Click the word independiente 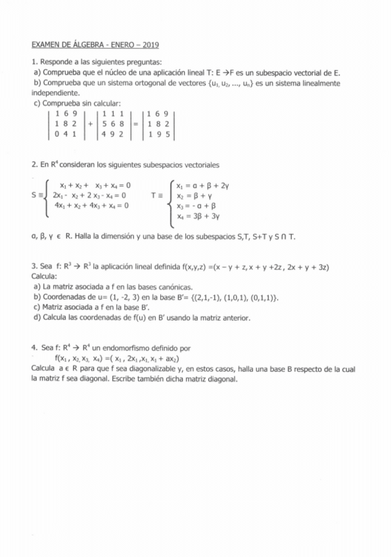[x=55, y=93]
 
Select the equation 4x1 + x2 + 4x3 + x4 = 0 [x=91, y=205]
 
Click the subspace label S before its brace [x=34, y=195]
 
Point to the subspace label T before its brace [x=153, y=195]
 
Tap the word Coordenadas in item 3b [x=65, y=298]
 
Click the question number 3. [x=34, y=267]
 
